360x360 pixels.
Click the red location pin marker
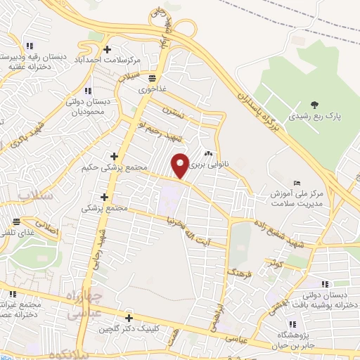(181, 165)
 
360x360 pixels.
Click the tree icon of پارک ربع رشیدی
(314, 104)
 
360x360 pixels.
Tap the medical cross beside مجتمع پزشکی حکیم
(115, 156)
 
